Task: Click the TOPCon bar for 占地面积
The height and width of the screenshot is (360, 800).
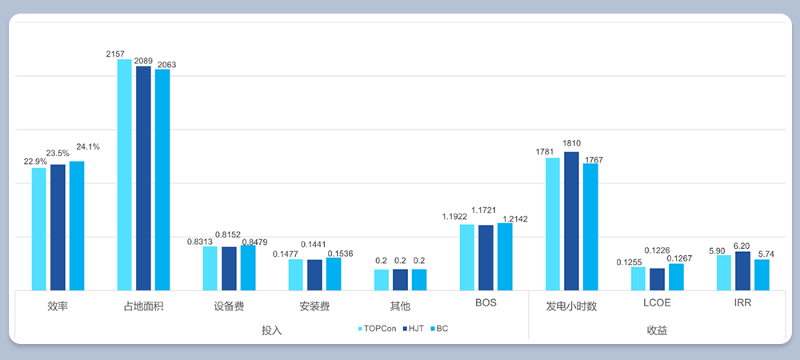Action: click(125, 174)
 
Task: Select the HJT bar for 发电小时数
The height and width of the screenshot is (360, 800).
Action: click(571, 221)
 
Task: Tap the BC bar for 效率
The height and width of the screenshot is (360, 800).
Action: click(77, 226)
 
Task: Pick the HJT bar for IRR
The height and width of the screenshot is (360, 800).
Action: click(742, 271)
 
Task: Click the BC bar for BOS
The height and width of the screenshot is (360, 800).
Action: click(505, 257)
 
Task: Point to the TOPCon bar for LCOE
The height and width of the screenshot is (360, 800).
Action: click(638, 278)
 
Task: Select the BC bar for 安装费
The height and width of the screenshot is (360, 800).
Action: click(334, 274)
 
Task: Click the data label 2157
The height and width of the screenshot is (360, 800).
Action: click(115, 54)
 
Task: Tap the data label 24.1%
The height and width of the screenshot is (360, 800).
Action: click(88, 146)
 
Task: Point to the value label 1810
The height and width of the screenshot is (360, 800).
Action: click(571, 143)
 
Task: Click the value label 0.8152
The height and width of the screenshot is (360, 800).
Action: click(229, 234)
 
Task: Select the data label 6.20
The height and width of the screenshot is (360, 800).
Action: click(742, 246)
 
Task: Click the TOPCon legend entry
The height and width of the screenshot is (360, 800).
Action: click(376, 329)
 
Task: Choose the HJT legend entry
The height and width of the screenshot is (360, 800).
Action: click(413, 329)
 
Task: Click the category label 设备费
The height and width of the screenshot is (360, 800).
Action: click(229, 306)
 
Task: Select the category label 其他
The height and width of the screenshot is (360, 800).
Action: click(400, 306)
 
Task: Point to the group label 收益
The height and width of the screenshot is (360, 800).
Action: click(657, 330)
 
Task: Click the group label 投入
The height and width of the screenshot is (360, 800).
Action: click(272, 330)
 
